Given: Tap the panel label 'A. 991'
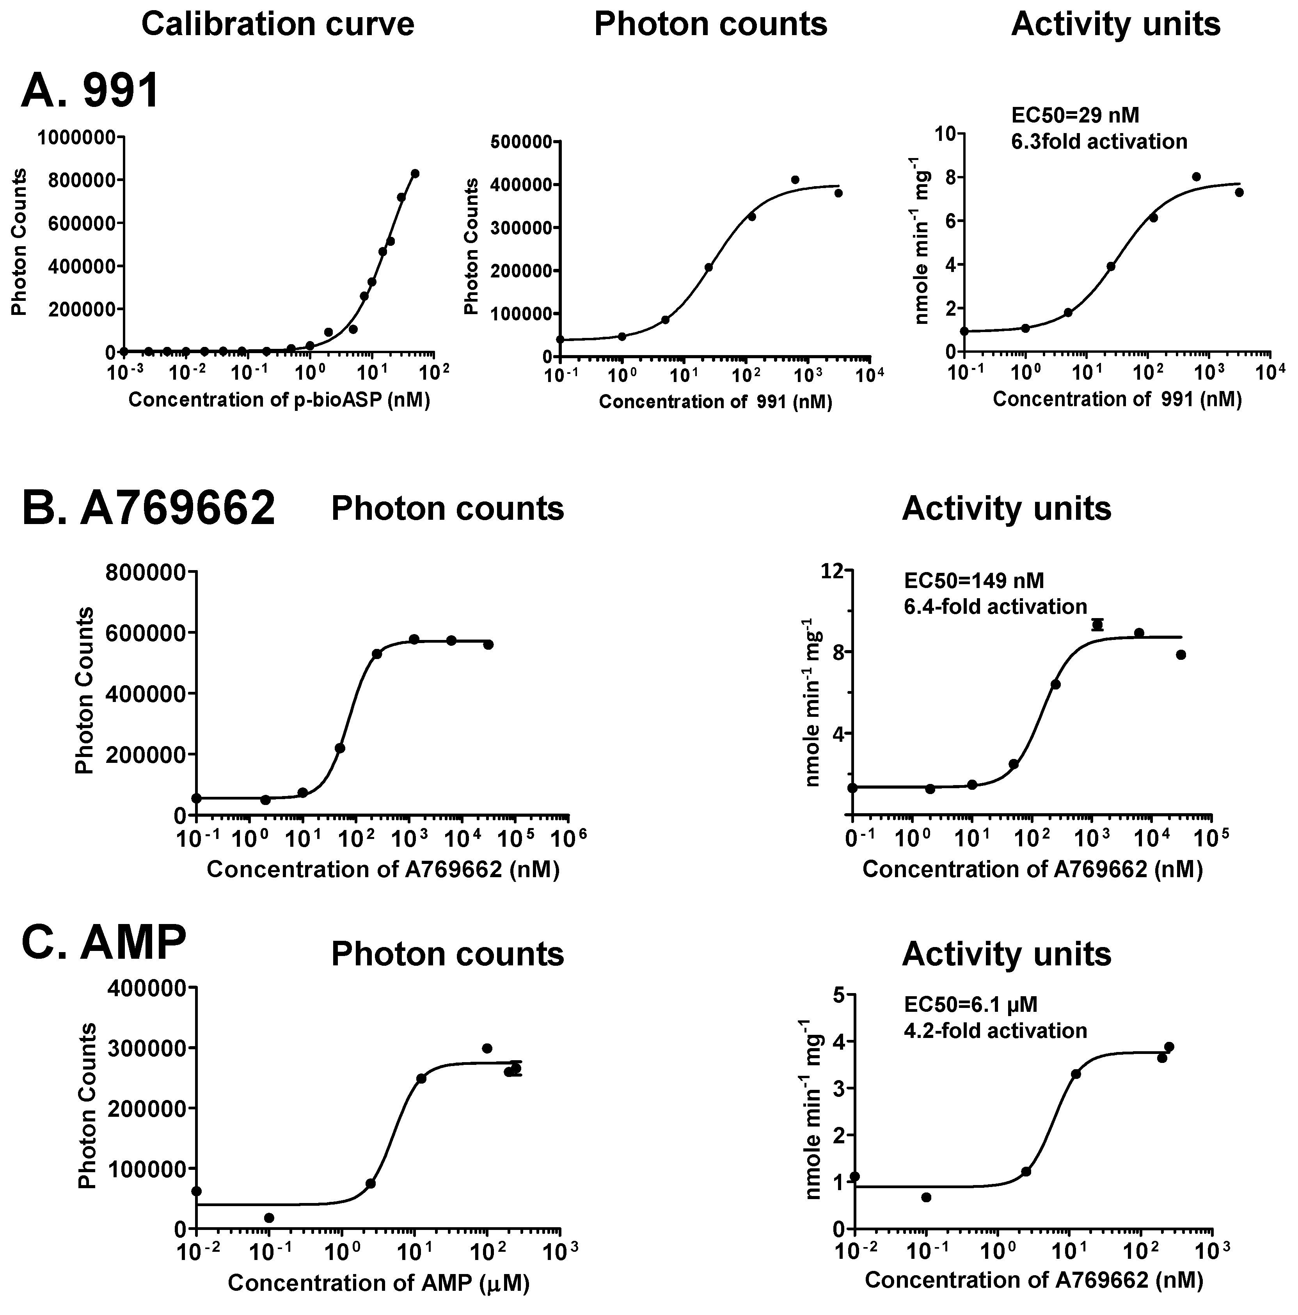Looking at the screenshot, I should click(90, 91).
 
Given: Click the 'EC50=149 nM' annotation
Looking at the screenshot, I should click(973, 581).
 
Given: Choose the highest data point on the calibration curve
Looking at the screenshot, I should click(414, 174).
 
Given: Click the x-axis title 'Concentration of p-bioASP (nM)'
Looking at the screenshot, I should click(279, 400).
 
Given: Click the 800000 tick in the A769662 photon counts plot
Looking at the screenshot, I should click(146, 572).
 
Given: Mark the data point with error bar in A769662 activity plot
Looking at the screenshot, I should click(1097, 625).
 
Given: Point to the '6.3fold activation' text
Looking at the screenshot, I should click(1099, 142).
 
